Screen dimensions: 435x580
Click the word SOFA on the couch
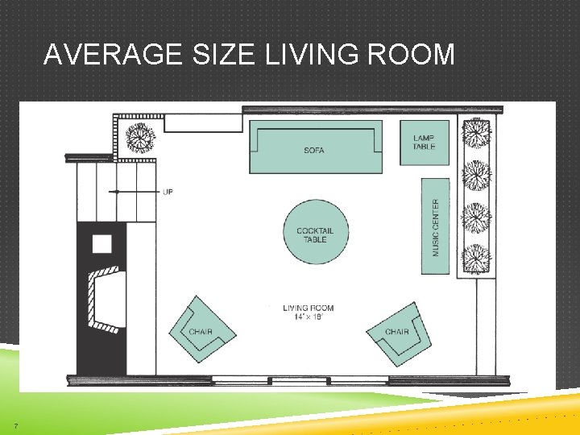[314, 150]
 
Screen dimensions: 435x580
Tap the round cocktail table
[315, 232]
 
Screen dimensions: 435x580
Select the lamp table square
[425, 143]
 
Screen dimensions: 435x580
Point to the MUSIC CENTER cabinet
[436, 227]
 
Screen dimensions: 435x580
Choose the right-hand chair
[397, 332]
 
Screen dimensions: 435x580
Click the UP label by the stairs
[168, 192]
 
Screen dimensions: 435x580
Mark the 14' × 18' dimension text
[309, 317]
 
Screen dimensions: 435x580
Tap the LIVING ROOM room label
[309, 308]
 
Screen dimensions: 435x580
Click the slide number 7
[15, 425]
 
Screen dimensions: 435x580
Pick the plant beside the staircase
[141, 138]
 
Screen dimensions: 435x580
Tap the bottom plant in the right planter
[476, 259]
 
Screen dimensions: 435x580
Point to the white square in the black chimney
[101, 242]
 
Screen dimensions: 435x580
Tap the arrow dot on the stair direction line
[117, 192]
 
